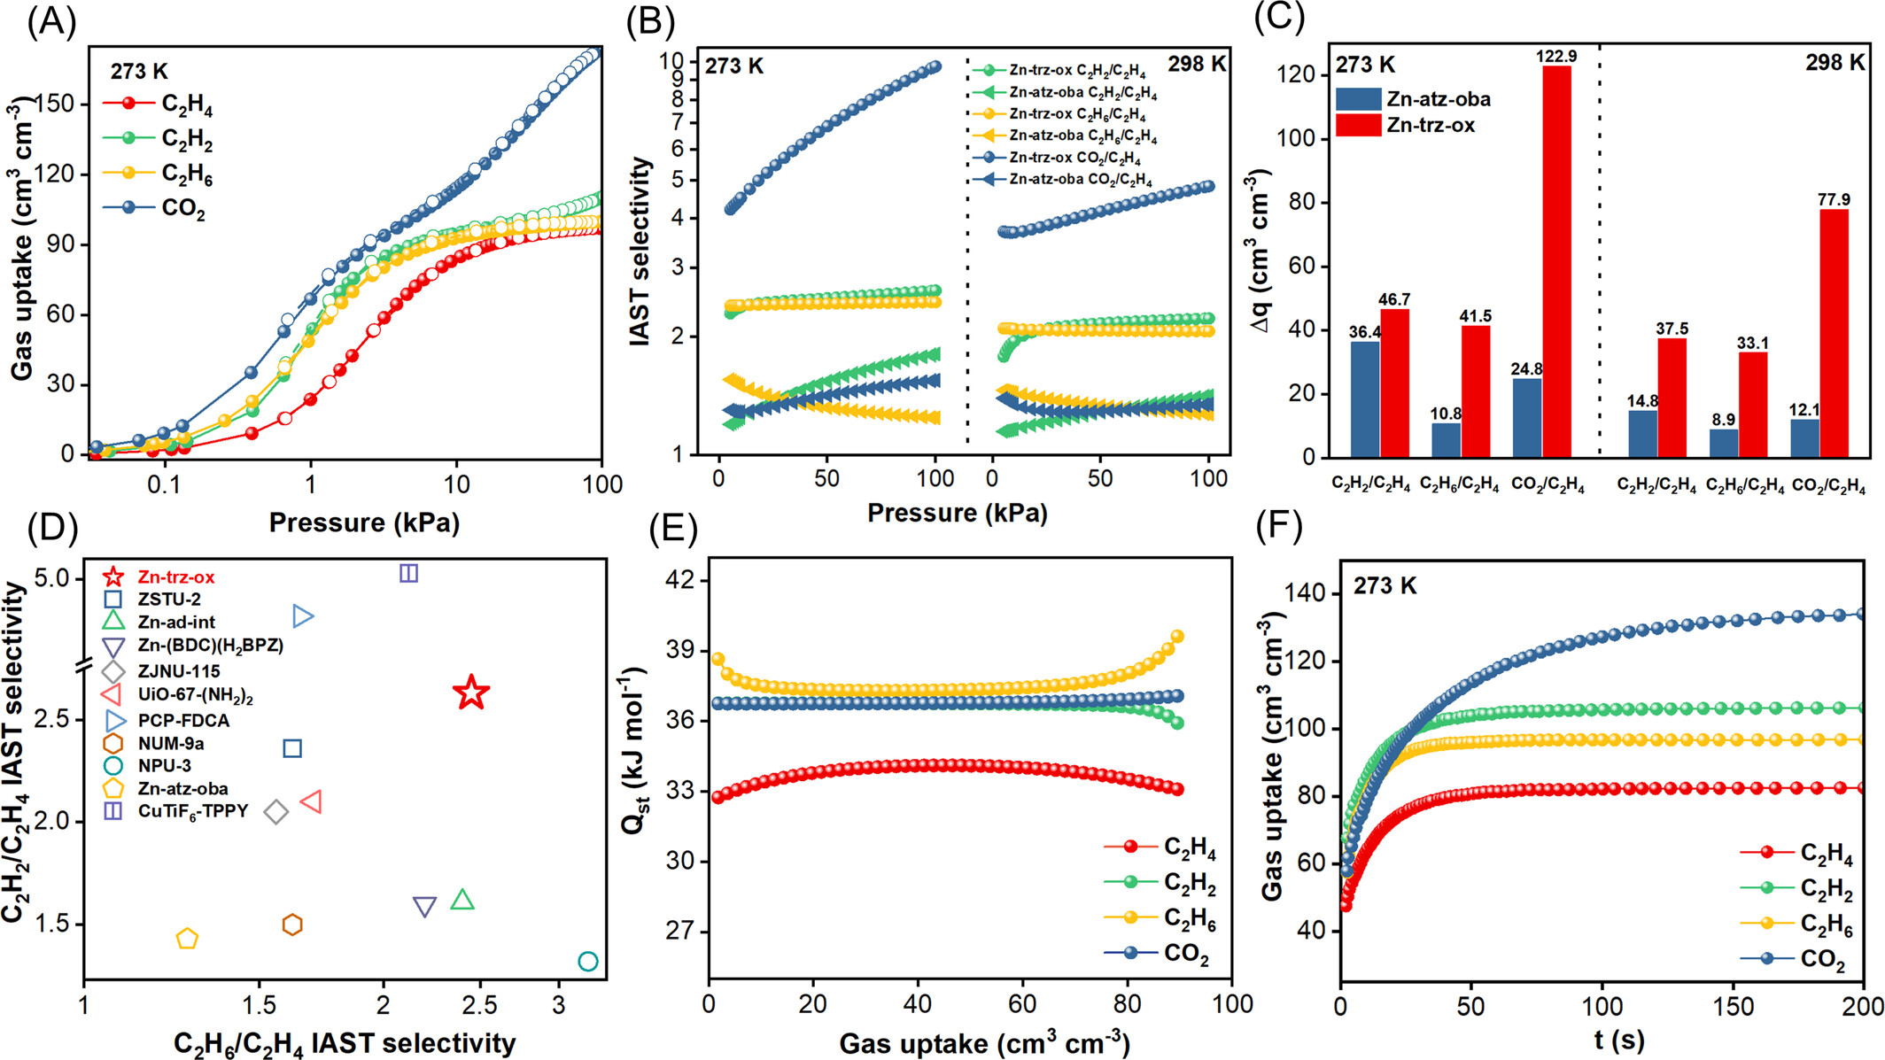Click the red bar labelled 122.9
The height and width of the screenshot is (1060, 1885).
(x=1556, y=261)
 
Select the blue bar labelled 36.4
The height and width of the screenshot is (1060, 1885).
(x=1364, y=399)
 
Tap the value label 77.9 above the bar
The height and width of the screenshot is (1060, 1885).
(x=1834, y=200)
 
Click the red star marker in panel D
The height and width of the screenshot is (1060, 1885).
(x=471, y=692)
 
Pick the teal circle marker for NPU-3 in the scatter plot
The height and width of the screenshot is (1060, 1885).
(x=587, y=961)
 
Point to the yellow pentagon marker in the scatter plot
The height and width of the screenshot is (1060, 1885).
(x=186, y=939)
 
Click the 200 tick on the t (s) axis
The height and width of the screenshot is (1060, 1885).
(x=1863, y=1006)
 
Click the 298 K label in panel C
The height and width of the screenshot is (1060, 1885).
(x=1835, y=63)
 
